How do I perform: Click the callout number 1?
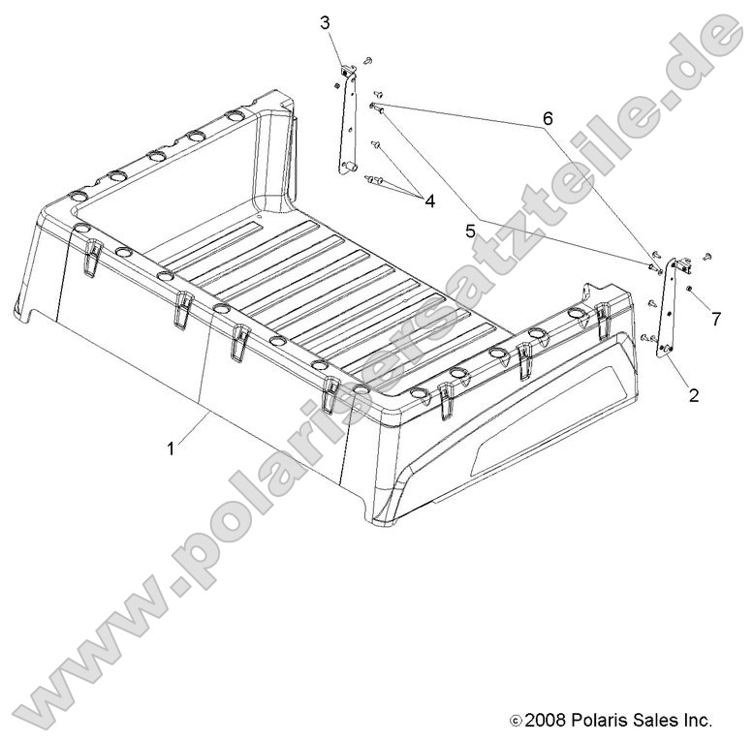pyautogui.click(x=171, y=449)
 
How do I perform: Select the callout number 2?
pyautogui.click(x=694, y=396)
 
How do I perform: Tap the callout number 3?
pyautogui.click(x=326, y=22)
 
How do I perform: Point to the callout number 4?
pyautogui.click(x=430, y=201)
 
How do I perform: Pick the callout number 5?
pyautogui.click(x=470, y=232)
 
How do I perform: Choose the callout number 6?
pyautogui.click(x=548, y=118)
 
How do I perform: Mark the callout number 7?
pyautogui.click(x=716, y=319)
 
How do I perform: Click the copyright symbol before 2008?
pyautogui.click(x=516, y=721)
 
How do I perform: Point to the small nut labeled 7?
pyautogui.click(x=689, y=289)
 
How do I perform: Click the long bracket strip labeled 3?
pyautogui.click(x=349, y=119)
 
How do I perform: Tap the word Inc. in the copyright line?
pyautogui.click(x=696, y=720)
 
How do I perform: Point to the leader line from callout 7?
pyautogui.click(x=701, y=301)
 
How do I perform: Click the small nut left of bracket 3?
pyautogui.click(x=336, y=85)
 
